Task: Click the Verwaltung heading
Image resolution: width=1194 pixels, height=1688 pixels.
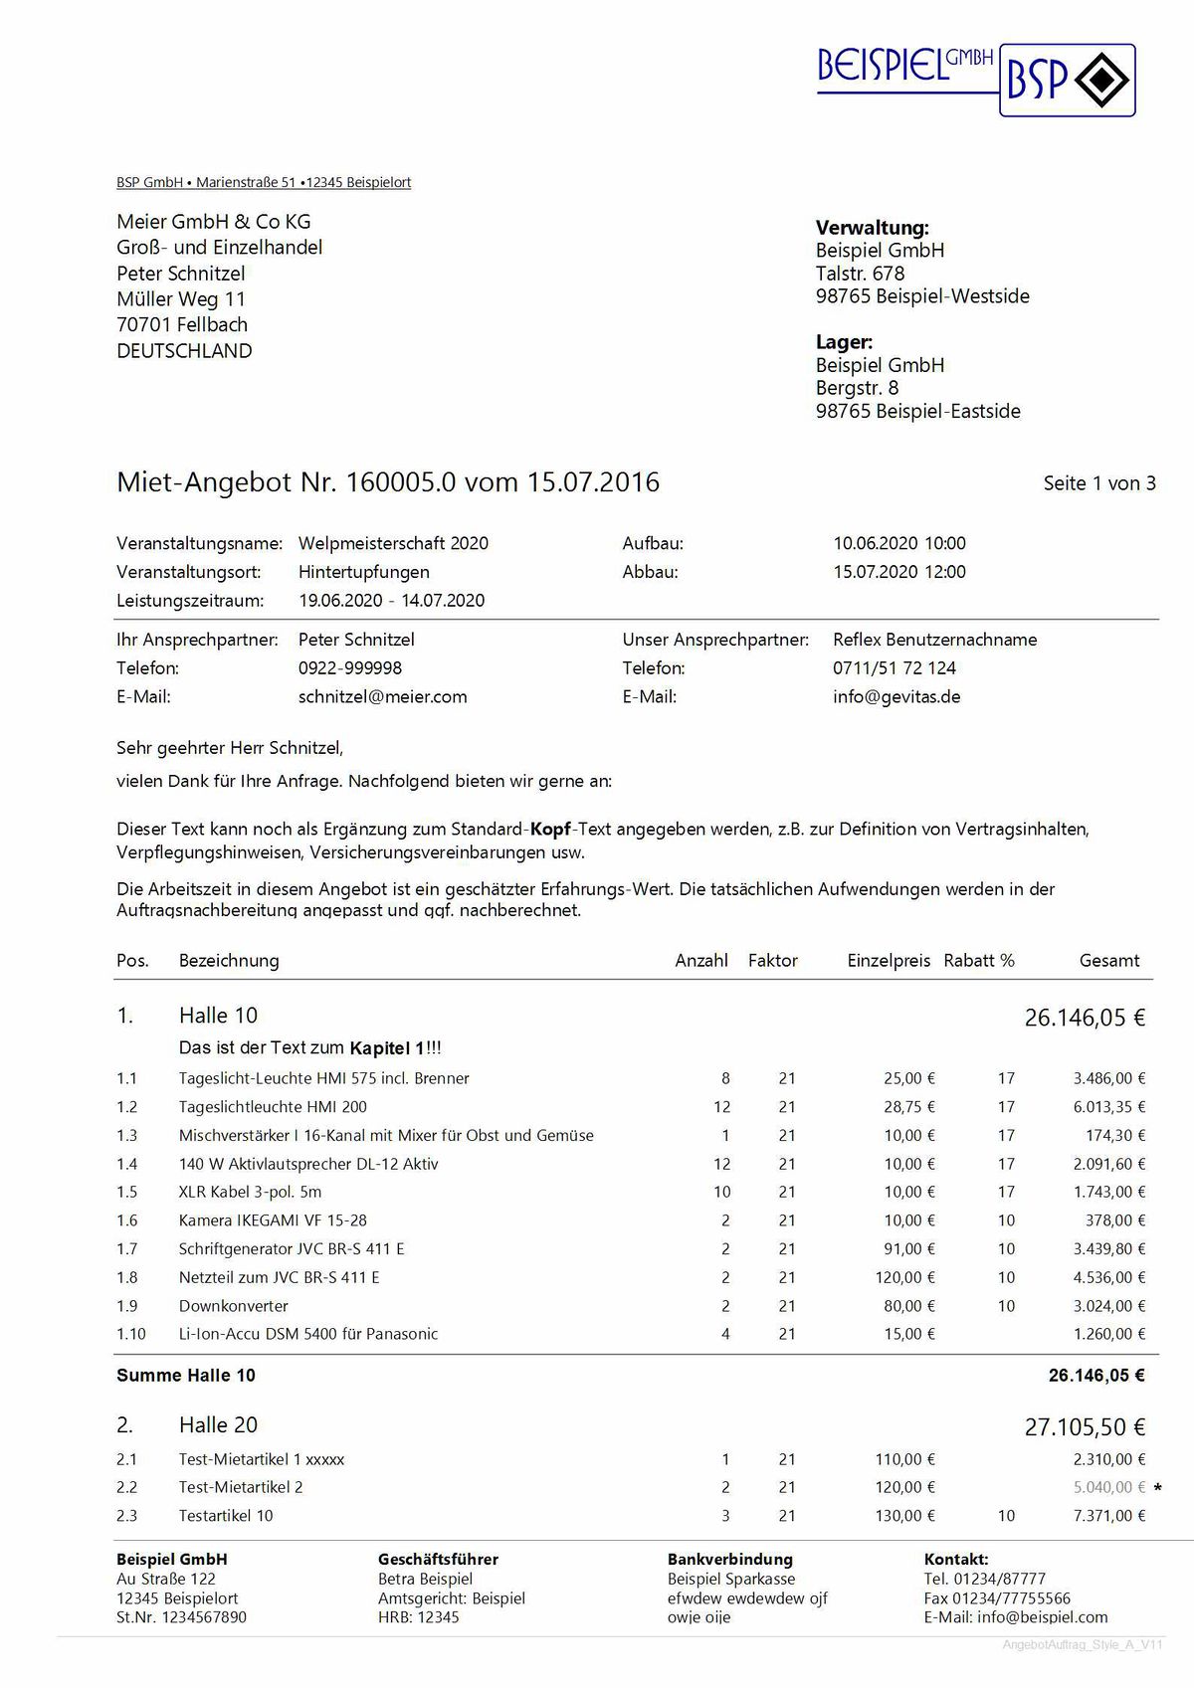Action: (x=872, y=228)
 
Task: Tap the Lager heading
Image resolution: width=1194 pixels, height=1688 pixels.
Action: (x=844, y=342)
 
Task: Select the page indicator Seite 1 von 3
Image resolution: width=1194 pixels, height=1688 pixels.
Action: (x=1098, y=483)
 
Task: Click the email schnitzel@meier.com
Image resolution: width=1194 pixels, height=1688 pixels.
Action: (x=382, y=696)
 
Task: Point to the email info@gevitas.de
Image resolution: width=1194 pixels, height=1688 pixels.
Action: (x=895, y=696)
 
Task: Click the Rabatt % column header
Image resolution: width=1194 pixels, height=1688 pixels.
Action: (x=978, y=960)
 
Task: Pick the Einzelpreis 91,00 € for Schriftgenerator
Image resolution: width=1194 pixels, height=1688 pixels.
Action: (x=908, y=1248)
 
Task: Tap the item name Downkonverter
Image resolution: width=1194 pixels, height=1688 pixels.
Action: (x=233, y=1305)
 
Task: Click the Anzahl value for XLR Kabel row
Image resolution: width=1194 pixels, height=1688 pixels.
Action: (x=721, y=1192)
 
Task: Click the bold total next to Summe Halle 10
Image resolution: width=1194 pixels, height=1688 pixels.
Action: (x=1095, y=1375)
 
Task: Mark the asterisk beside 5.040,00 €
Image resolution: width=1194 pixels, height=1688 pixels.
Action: (x=1157, y=1488)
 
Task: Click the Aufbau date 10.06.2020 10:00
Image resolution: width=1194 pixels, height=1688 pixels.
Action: (x=898, y=543)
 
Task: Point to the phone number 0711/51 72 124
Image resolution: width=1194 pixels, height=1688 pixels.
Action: (x=894, y=667)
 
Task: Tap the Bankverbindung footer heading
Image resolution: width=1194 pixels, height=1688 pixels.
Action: (x=729, y=1559)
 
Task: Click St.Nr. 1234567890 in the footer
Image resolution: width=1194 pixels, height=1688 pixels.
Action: (x=181, y=1616)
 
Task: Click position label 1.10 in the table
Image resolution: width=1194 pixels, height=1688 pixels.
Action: (x=131, y=1334)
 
